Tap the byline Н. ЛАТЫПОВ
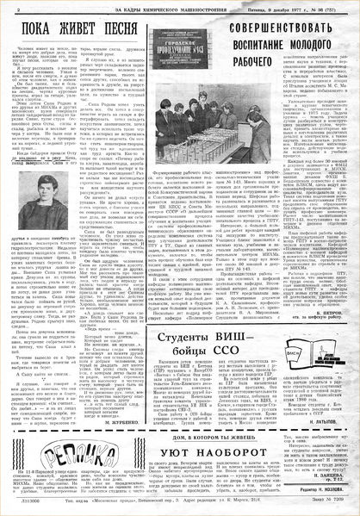coord(324,400)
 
